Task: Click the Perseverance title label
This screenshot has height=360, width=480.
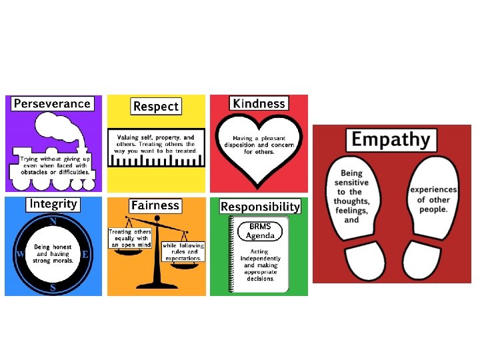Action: tap(52, 103)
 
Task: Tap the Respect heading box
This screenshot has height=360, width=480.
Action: tap(156, 106)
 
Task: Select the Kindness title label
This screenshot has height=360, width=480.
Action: tap(259, 103)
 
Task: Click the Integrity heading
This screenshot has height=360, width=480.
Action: tap(53, 204)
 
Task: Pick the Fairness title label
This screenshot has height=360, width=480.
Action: tap(155, 205)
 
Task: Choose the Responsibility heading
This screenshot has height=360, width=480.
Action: tap(260, 207)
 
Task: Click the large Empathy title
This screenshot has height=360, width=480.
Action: tap(390, 139)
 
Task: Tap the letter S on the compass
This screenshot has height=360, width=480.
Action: tap(53, 288)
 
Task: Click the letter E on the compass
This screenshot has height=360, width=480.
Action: tap(85, 254)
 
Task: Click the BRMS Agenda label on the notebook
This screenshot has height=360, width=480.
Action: tap(260, 231)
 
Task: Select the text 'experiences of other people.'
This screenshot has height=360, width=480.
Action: tap(433, 199)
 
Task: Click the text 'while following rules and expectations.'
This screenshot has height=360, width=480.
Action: tap(183, 251)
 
